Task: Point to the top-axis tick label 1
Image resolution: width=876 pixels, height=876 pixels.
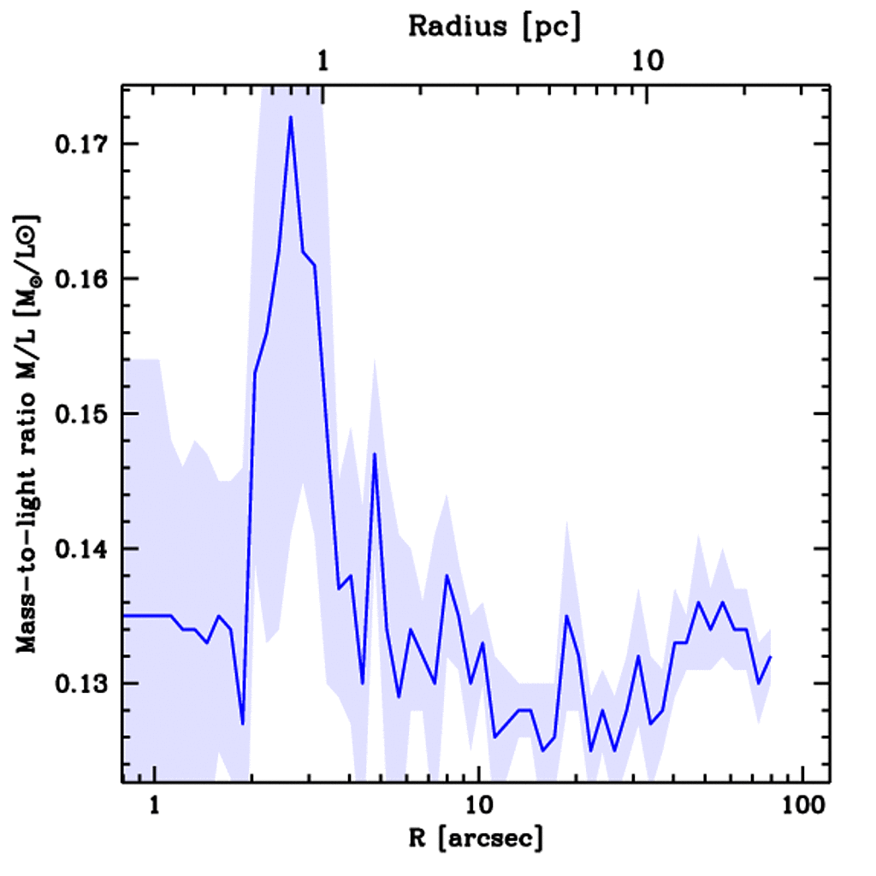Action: pyautogui.click(x=323, y=61)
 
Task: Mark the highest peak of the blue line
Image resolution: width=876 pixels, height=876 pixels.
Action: pyautogui.click(x=291, y=117)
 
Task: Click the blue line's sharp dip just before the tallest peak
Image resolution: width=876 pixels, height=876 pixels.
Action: pyautogui.click(x=243, y=724)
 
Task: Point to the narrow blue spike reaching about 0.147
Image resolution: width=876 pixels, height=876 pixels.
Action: pyautogui.click(x=375, y=454)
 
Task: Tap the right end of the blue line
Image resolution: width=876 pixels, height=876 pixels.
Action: pyautogui.click(x=771, y=657)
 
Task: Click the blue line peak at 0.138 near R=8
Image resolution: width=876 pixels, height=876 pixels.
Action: pyautogui.click(x=447, y=576)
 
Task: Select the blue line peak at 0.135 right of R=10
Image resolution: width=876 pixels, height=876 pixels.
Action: pyautogui.click(x=566, y=616)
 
